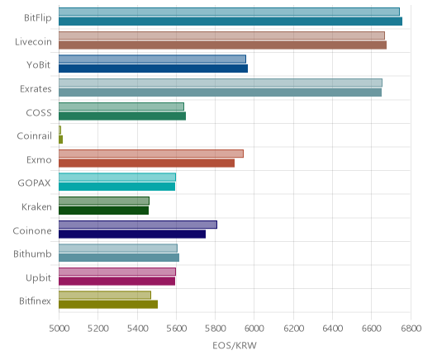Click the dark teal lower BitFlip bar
[231, 21]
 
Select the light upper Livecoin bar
[221, 36]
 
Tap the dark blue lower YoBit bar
[153, 69]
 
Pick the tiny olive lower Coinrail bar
[60, 140]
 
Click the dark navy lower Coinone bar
[132, 234]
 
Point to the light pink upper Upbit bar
[117, 272]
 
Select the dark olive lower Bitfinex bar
[108, 305]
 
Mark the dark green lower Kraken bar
[103, 211]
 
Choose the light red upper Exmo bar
[151, 154]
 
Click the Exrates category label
[36, 89]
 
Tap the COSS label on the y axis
[39, 113]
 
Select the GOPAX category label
[34, 183]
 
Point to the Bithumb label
[32, 253]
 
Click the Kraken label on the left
[36, 206]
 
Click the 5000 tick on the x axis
[59, 329]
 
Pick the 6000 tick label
[254, 329]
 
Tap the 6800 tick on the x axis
[411, 329]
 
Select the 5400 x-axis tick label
[137, 329]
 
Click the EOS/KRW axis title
[235, 345]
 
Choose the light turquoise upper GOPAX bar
[117, 177]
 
